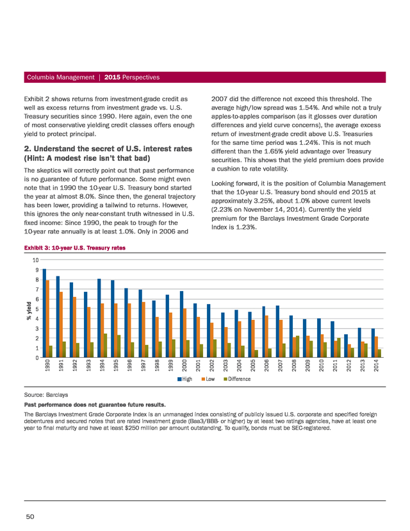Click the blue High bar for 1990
(44, 313)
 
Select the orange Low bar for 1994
(102, 330)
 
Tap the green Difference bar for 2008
(297, 347)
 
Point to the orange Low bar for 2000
(184, 333)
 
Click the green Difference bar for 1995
(119, 346)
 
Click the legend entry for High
(184, 379)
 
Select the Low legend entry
(208, 379)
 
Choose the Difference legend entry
(237, 379)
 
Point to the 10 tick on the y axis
(35, 260)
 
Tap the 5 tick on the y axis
(37, 309)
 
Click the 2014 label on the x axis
(376, 366)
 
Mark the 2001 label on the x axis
(198, 366)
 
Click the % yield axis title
(29, 310)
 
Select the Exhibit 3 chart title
(75, 248)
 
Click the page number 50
(30, 516)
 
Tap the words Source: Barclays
(46, 395)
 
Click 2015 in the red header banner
(112, 77)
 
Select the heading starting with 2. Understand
(108, 153)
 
